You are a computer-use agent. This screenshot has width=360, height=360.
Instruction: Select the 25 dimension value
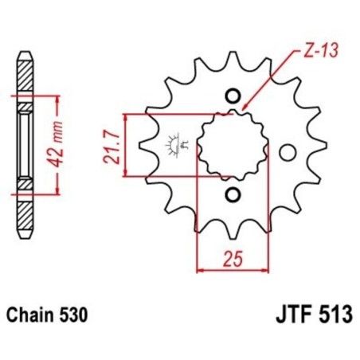pos(230,256)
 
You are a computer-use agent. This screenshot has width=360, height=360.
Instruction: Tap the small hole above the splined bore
pos(233,96)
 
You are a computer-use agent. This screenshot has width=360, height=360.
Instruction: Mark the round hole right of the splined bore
pos(288,151)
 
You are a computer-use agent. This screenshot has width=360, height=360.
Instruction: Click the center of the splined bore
pos(231,146)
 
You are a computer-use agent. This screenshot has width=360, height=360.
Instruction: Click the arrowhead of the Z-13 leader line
pos(242,109)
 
